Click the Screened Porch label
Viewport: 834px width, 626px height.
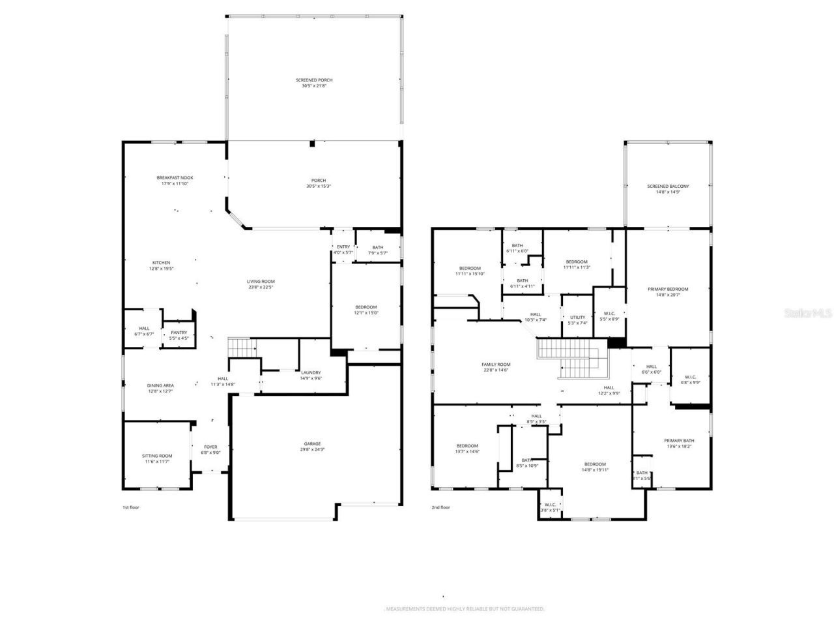[314, 80]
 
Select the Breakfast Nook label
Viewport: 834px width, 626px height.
[175, 177]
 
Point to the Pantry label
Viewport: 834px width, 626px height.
[179, 333]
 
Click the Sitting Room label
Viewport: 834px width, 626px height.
[157, 456]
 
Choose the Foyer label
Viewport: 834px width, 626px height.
[210, 447]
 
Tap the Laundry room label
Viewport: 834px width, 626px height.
[311, 372]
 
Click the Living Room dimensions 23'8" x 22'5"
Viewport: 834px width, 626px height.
[261, 287]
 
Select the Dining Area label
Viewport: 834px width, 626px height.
[160, 385]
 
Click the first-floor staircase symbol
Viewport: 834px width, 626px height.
[241, 348]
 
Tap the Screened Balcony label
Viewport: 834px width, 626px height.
[668, 186]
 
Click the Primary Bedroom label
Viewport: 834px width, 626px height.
[668, 289]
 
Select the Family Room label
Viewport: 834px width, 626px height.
[496, 365]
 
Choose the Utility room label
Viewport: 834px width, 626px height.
[577, 318]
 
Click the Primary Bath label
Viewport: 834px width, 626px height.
[679, 441]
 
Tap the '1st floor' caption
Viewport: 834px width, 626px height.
[131, 507]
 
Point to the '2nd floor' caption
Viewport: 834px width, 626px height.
[440, 507]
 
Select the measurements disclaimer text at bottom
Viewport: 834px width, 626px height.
[464, 609]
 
